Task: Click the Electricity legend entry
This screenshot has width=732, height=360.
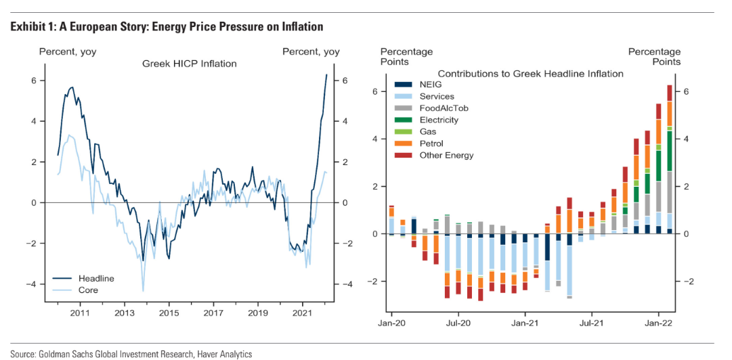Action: pos(439,120)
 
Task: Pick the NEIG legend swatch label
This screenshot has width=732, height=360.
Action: pos(431,85)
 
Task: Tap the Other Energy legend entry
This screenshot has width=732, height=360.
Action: pos(446,155)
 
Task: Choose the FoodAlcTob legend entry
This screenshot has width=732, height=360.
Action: pos(444,108)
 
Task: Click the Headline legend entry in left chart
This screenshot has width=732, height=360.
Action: pos(96,278)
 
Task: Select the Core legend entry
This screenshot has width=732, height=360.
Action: pos(88,290)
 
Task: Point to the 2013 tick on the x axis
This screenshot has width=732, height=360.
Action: pos(125,313)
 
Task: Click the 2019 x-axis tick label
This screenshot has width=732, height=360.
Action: pos(257,313)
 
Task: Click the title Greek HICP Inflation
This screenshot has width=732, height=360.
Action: pos(189,64)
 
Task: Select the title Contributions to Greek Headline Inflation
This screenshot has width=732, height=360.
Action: pos(530,73)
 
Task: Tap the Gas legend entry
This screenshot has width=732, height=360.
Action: pos(428,131)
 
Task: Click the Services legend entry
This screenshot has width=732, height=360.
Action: pos(437,97)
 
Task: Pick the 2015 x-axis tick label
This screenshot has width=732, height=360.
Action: pos(169,313)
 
